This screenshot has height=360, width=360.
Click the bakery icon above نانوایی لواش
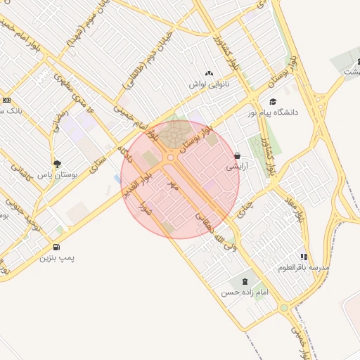(209, 73)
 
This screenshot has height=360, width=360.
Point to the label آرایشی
(236, 167)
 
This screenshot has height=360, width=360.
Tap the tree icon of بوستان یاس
(58, 164)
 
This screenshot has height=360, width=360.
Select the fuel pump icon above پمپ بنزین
(56, 247)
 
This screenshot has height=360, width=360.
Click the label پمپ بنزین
(56, 258)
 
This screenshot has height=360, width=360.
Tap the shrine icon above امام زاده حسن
(245, 281)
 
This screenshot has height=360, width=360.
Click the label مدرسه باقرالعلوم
(304, 268)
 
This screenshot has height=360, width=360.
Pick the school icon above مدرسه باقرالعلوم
(304, 257)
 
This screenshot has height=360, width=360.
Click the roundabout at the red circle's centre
(171, 158)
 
